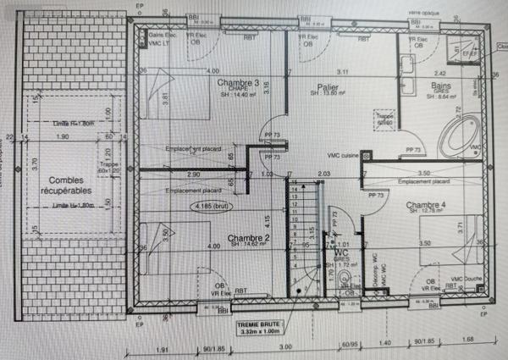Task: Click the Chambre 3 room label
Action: (x=238, y=83)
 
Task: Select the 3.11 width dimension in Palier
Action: (x=342, y=71)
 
